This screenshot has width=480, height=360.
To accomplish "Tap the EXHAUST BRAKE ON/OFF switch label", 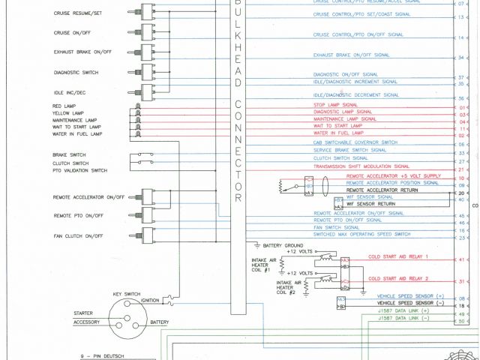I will coord(82,52).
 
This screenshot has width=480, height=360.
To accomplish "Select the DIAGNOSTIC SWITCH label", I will coord(76,73).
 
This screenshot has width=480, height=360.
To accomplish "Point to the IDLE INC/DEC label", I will coord(70,92).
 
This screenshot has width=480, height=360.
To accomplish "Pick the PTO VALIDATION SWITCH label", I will coord(79,170).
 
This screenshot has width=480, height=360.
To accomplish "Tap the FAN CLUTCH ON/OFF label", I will coord(78,236).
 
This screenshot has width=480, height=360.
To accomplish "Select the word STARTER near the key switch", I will coord(84,313).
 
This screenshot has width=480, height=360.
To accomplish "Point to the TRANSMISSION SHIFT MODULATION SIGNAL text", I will coord(361,166).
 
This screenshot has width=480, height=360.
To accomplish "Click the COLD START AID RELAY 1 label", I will coord(398,257).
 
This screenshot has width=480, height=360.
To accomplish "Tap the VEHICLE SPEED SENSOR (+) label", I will coord(410,296).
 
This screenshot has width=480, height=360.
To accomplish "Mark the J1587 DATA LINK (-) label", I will coord(403,319).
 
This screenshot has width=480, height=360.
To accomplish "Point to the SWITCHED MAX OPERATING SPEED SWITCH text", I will coord(361,235).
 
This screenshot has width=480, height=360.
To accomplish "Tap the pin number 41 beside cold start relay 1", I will coord(461,259).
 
